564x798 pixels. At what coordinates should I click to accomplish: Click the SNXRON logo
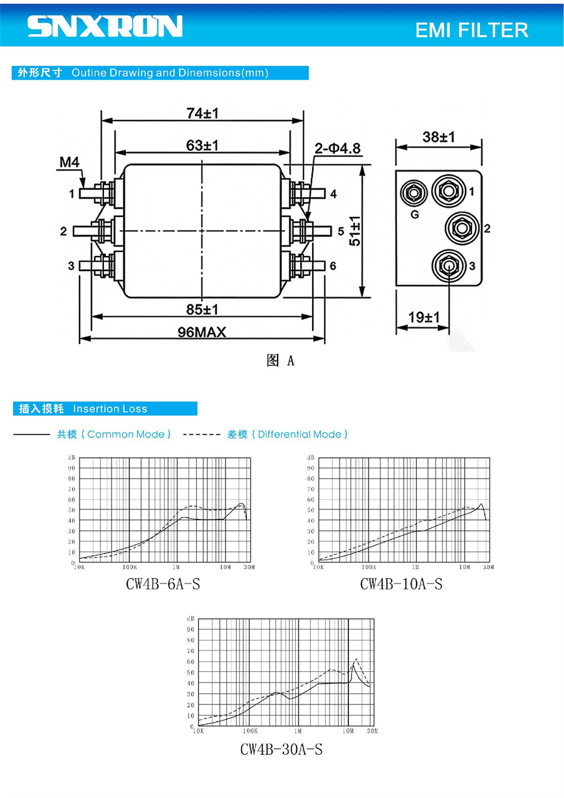[x=105, y=26]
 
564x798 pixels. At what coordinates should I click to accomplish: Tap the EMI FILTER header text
[x=471, y=30]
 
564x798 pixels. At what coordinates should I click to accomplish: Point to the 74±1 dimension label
[x=202, y=114]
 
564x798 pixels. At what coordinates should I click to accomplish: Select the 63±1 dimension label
[x=202, y=146]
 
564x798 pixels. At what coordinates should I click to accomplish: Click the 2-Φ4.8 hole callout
[x=337, y=148]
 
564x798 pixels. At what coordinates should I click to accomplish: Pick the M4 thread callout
[x=70, y=162]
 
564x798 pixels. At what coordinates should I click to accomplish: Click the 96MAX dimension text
[x=202, y=332]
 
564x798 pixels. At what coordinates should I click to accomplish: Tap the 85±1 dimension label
[x=202, y=309]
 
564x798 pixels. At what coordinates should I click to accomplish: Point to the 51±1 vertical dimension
[x=355, y=231]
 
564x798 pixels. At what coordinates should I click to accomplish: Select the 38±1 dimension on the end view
[x=439, y=137]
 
